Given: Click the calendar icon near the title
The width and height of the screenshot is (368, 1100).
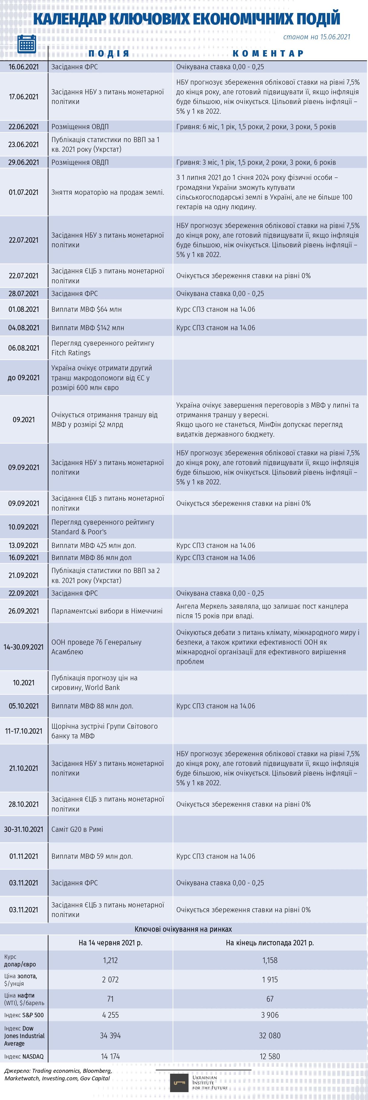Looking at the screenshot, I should coord(27,44).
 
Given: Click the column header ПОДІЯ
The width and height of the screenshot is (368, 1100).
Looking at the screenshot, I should coord(109,54).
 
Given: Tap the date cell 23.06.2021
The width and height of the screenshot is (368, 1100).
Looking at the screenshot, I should coord(24,144).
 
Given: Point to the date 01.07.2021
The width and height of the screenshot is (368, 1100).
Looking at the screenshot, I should coord(24,192).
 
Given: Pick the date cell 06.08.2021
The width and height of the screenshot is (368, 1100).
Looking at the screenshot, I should coord(24,348).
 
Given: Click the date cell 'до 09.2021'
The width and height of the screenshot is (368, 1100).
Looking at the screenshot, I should coord(24,377).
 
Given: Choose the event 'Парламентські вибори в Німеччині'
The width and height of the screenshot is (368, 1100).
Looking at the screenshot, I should coord(107,611).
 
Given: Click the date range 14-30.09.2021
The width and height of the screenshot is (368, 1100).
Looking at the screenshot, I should coord(24,646).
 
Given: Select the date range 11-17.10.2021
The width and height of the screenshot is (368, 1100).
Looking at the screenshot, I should coord(24,731).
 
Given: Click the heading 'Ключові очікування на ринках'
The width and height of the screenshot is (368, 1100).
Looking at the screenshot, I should coord(183,929).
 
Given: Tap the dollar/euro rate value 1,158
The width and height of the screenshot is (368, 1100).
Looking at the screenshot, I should coord(270,960).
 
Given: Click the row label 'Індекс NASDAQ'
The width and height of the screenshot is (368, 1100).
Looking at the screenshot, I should coord(24,1056).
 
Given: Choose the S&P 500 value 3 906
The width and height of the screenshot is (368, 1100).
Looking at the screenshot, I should coord(270,1015).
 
